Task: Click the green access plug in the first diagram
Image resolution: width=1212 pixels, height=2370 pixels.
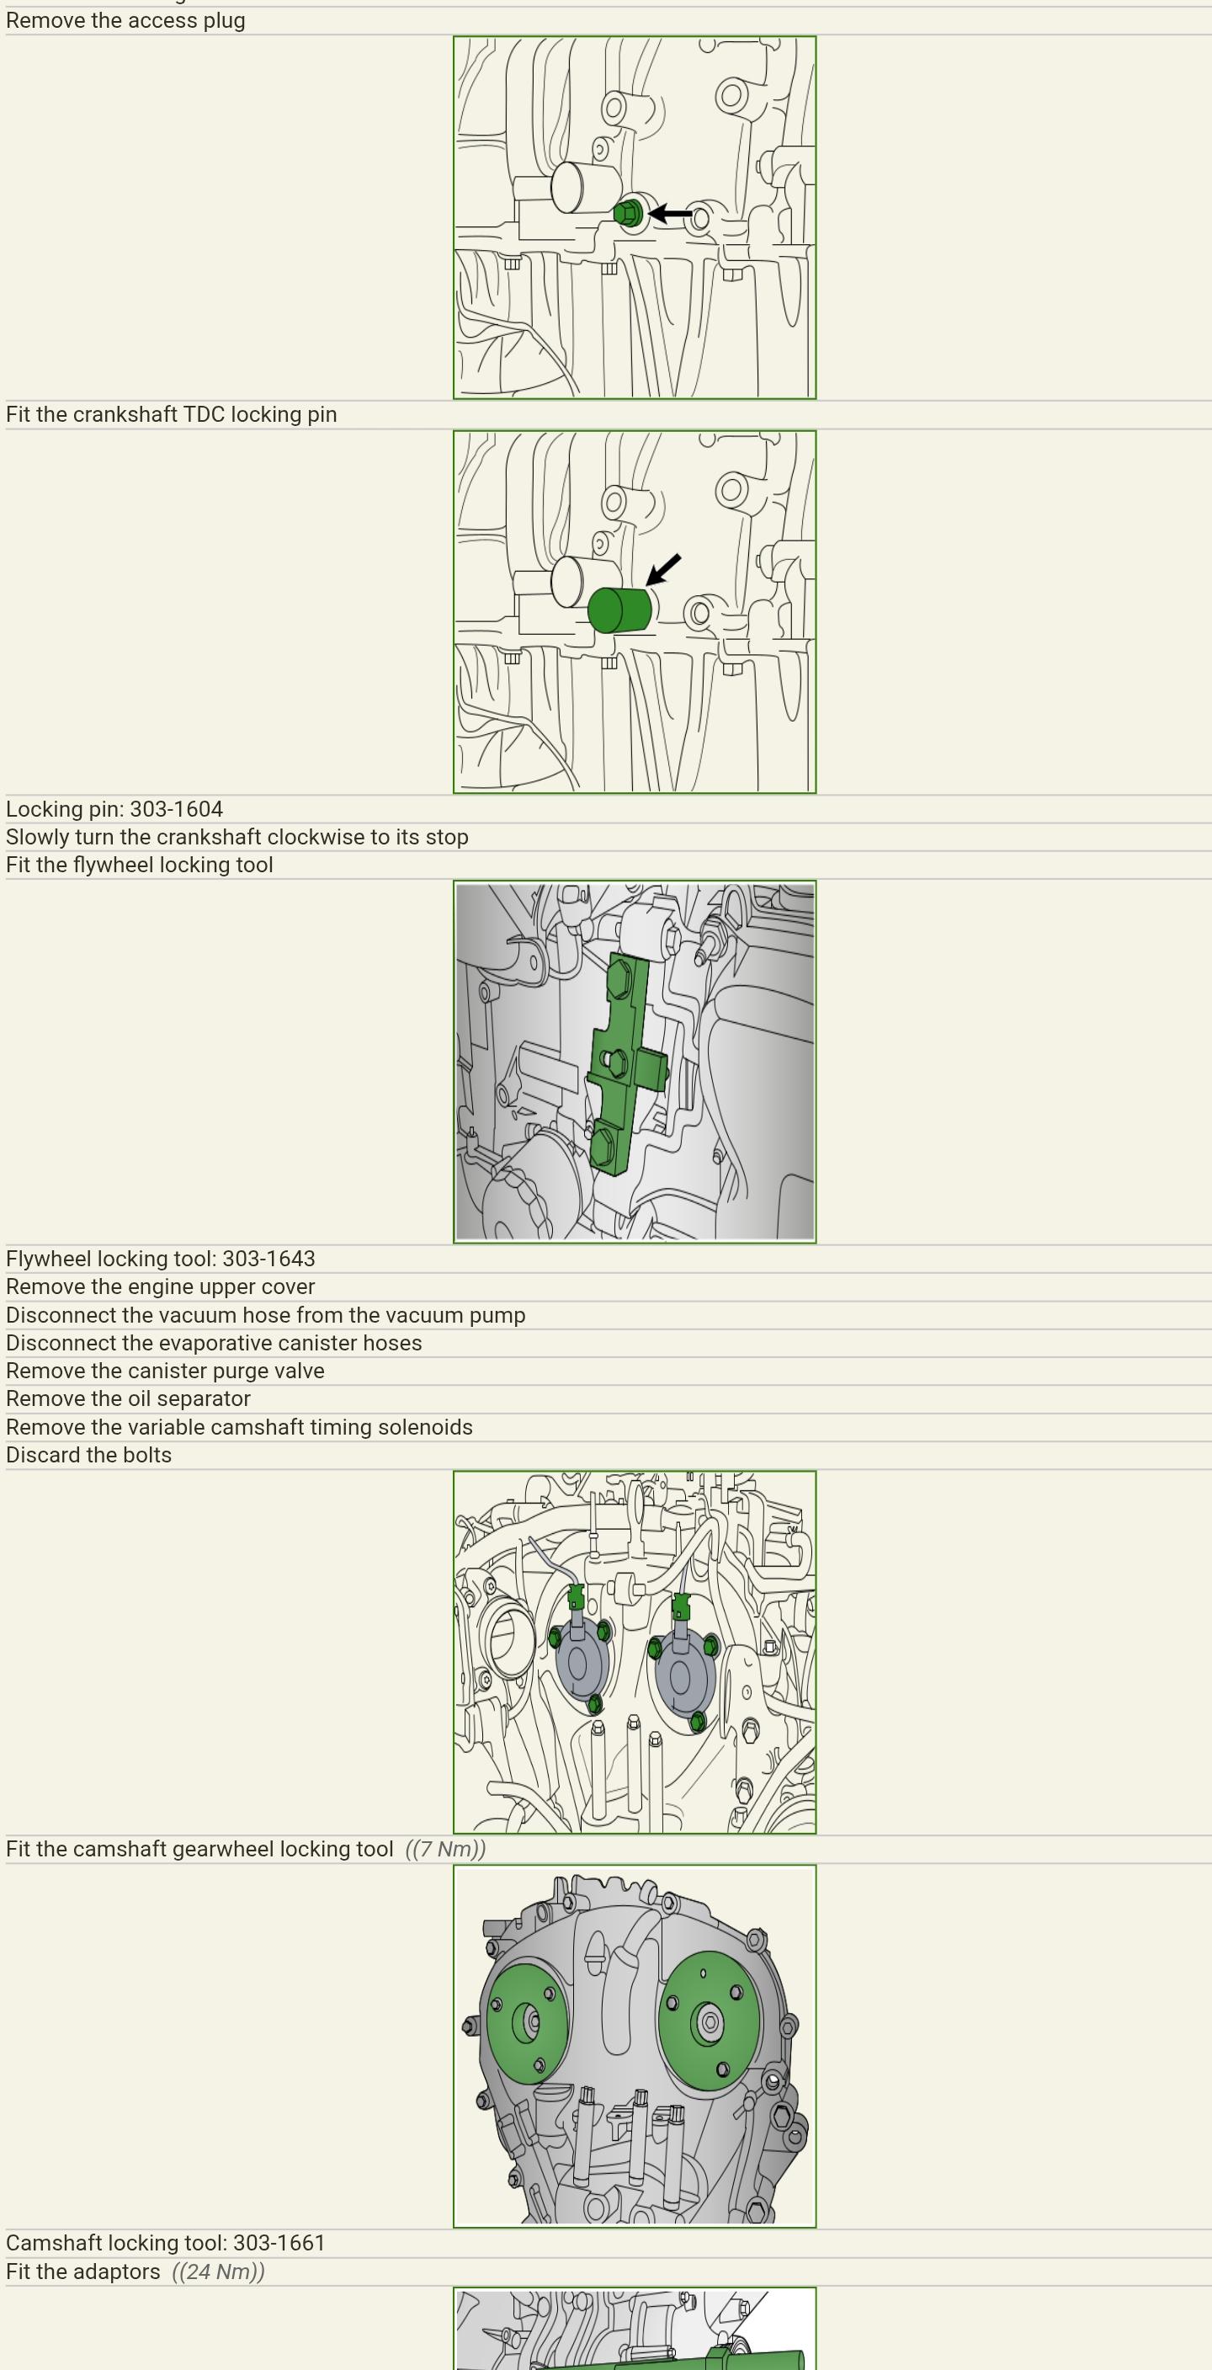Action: pos(628,215)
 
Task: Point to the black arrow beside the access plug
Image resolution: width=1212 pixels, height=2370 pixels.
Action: pos(670,214)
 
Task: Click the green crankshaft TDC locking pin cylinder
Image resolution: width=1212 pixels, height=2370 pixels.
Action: pos(619,609)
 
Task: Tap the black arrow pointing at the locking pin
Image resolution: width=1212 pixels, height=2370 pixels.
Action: pos(663,568)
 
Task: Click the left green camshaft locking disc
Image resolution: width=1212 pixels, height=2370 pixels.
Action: pos(527,2023)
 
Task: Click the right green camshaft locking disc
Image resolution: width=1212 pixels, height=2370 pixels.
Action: pos(709,2022)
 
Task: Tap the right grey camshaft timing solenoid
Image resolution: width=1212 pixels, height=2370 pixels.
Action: pos(683,1674)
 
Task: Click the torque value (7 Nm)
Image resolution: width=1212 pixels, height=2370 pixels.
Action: pos(445,1849)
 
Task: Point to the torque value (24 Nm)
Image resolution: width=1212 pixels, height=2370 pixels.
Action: pos(218,2271)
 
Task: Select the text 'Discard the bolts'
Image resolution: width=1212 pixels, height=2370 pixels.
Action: pos(88,1455)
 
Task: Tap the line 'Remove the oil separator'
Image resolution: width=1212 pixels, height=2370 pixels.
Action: pos(128,1398)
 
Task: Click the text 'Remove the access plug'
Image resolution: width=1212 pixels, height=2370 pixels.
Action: pos(125,20)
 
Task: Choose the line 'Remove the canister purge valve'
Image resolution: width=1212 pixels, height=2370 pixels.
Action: pos(165,1371)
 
